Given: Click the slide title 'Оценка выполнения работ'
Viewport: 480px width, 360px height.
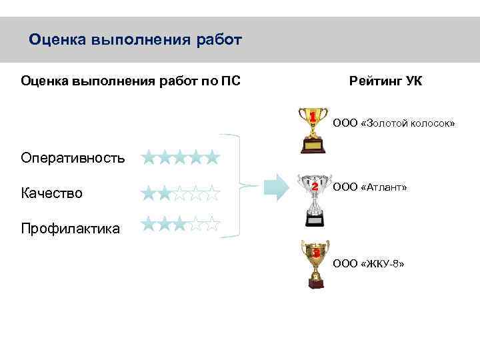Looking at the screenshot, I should click(x=135, y=40).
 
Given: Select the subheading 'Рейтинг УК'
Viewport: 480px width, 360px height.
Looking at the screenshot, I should click(x=385, y=81).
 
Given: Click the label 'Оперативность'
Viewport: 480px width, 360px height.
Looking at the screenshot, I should click(x=73, y=158).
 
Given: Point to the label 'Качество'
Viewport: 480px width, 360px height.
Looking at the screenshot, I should click(x=52, y=193).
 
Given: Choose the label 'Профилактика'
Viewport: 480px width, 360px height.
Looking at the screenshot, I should click(x=70, y=229).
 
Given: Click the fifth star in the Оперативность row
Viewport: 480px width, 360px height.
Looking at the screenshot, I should click(x=212, y=158).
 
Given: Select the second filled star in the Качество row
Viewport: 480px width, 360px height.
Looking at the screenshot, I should click(x=164, y=193).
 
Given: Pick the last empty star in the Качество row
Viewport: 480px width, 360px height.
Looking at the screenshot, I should click(x=212, y=193).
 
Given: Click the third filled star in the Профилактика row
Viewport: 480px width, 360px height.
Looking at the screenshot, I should click(x=180, y=224).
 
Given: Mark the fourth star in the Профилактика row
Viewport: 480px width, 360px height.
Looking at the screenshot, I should click(x=196, y=224).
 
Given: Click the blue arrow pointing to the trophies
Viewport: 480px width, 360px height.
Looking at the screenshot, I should click(x=275, y=187).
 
